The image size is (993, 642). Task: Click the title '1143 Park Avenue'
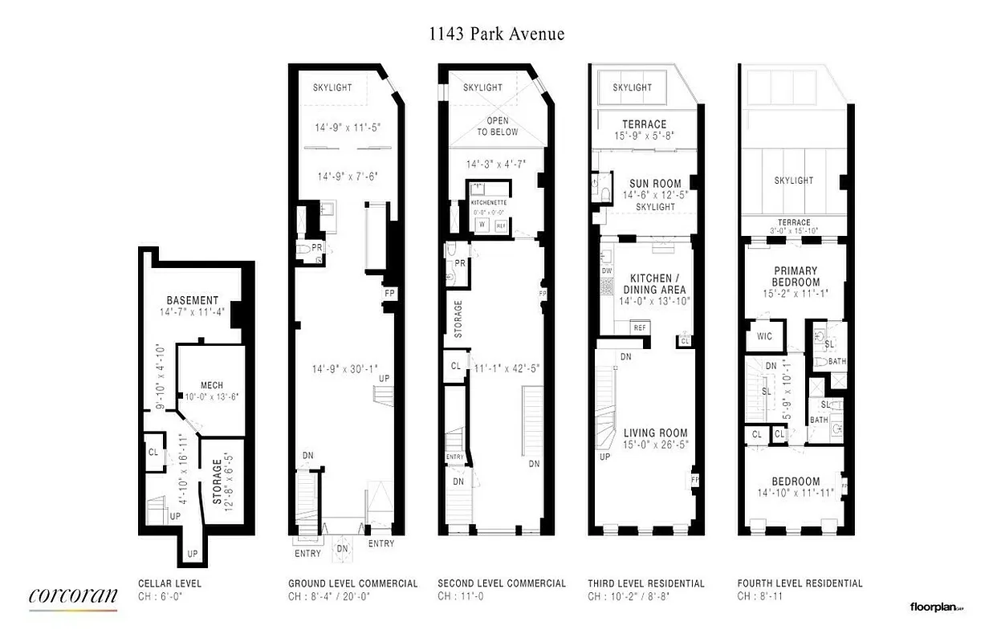494,34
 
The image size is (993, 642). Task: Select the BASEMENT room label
193,300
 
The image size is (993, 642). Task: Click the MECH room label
212,385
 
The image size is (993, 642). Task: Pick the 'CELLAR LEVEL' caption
170,583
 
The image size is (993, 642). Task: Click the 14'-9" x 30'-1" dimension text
339,369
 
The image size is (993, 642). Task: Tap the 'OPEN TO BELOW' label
498,127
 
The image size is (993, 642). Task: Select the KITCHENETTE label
489,204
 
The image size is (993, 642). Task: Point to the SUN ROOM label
655,184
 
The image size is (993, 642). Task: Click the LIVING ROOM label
655,433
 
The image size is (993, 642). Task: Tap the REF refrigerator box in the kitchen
640,327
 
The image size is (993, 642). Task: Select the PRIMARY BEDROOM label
796,277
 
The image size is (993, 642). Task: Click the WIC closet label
764,336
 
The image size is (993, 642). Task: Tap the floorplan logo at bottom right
935,608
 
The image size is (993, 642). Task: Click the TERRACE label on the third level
645,124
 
